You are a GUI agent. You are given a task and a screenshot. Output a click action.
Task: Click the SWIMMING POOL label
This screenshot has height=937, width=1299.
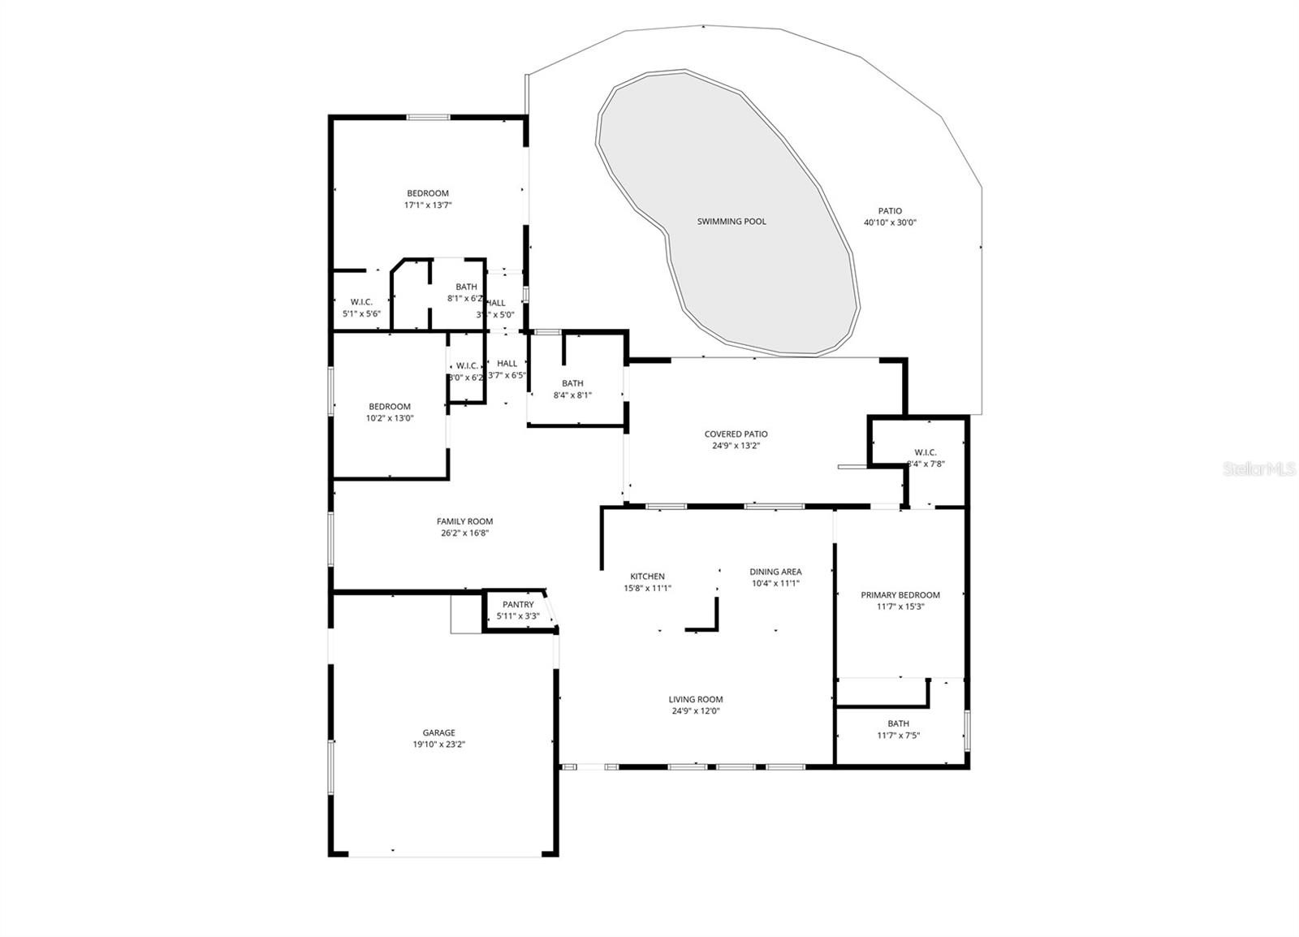pyautogui.click(x=731, y=222)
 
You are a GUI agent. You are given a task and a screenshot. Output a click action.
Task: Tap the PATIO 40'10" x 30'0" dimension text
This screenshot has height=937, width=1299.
pyautogui.click(x=890, y=222)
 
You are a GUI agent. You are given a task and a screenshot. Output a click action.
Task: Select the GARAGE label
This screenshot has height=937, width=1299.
pyautogui.click(x=438, y=732)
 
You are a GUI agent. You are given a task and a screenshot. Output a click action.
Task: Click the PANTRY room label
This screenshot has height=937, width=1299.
pyautogui.click(x=518, y=605)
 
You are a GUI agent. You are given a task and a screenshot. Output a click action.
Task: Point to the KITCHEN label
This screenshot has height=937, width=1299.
pyautogui.click(x=647, y=576)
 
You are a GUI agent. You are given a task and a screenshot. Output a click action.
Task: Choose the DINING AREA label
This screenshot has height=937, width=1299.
pyautogui.click(x=775, y=572)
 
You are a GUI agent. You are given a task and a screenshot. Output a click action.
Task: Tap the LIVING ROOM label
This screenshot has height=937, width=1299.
pyautogui.click(x=696, y=699)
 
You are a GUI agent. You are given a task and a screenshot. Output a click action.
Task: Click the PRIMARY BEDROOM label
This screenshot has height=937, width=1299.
pyautogui.click(x=900, y=595)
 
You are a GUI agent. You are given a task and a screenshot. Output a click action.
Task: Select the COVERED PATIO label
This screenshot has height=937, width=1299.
pyautogui.click(x=736, y=434)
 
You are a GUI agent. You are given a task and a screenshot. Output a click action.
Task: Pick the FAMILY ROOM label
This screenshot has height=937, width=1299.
pyautogui.click(x=464, y=522)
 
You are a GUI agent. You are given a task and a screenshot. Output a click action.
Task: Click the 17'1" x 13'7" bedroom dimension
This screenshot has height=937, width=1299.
pyautogui.click(x=428, y=205)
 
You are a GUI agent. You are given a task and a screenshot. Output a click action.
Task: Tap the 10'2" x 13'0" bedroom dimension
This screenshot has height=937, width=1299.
pyautogui.click(x=390, y=418)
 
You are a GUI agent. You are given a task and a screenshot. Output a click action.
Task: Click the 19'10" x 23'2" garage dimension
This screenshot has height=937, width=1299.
pyautogui.click(x=438, y=744)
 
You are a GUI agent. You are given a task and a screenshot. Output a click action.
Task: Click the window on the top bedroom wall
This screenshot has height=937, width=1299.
pyautogui.click(x=428, y=118)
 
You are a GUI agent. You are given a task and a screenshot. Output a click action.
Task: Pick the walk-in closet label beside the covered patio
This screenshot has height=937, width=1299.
pyautogui.click(x=926, y=452)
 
